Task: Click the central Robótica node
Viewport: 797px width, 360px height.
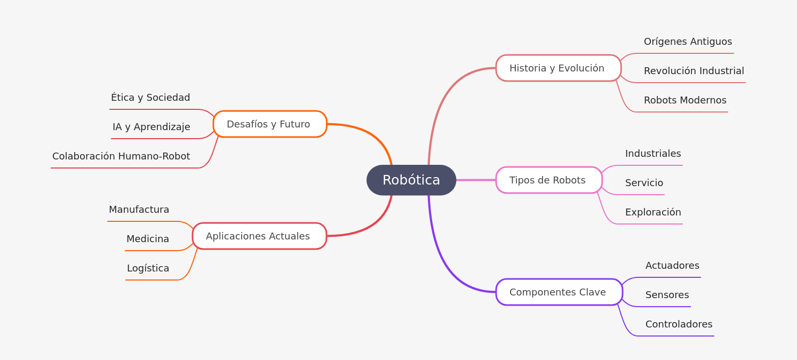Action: [x=411, y=180]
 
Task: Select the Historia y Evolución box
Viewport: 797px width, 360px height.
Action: [x=558, y=68]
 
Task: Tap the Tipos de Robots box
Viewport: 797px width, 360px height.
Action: [x=548, y=180]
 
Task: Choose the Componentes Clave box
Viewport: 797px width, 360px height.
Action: [x=559, y=292]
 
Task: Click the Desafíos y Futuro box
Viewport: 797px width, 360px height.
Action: [x=269, y=124]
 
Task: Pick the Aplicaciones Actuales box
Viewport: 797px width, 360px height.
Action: [x=259, y=236]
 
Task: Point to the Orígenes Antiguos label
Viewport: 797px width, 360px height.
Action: [x=688, y=42]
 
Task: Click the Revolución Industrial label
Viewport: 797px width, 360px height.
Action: [x=694, y=71]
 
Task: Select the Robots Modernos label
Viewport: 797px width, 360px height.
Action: [x=684, y=100]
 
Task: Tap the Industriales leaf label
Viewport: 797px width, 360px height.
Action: [x=652, y=154]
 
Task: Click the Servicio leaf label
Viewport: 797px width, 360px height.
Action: [x=644, y=183]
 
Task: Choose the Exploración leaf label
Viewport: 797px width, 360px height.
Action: [x=652, y=212]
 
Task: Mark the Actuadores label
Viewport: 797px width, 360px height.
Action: [x=672, y=266]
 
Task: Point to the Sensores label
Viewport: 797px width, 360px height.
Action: [x=667, y=295]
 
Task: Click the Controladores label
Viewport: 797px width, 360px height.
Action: [x=679, y=324]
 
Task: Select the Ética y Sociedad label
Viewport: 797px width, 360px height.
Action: [x=150, y=98]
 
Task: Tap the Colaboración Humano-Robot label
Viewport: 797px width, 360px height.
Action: [x=121, y=156]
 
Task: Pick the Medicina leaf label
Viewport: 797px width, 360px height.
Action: [x=148, y=239]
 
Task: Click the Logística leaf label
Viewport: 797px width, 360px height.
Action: [x=148, y=268]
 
